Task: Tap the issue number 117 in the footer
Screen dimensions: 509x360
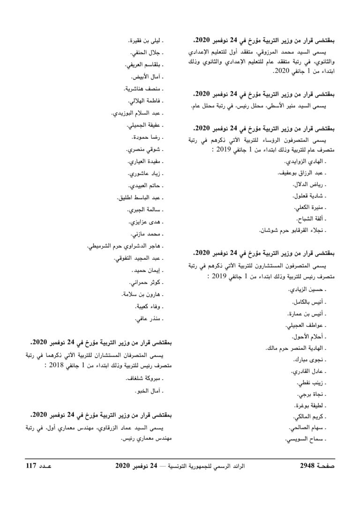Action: point(34,467)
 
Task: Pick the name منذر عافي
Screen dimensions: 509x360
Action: point(148,319)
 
